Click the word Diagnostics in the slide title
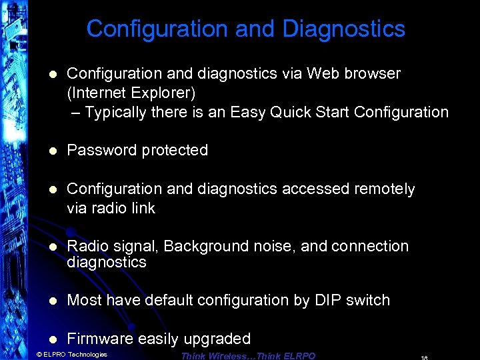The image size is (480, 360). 343,29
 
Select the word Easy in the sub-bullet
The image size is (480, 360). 248,112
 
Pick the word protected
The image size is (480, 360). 175,151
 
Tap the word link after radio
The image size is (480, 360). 143,208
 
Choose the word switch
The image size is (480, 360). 367,300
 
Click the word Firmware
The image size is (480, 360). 101,339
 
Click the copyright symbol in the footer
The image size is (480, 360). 39,355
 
